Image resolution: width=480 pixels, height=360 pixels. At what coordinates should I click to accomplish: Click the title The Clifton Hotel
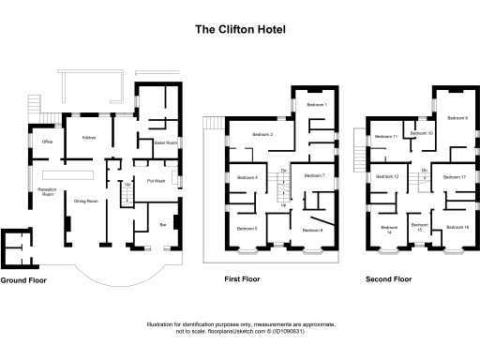click(239, 29)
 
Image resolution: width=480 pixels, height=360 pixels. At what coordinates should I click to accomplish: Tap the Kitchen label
click(89, 138)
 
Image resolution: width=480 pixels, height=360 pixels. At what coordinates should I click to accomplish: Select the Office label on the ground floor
click(47, 142)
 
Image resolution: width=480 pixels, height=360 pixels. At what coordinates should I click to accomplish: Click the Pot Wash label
click(156, 180)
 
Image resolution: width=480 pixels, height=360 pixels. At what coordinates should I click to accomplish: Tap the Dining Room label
click(86, 202)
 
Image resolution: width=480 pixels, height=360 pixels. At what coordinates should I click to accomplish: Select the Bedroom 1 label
click(317, 105)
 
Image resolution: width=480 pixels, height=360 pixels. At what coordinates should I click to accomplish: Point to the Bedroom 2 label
click(262, 136)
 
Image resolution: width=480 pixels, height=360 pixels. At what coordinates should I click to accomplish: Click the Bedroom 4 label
click(247, 178)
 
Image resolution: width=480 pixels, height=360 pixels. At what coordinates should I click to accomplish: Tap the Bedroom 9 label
click(457, 118)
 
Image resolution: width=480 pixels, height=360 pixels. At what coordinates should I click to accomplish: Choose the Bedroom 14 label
click(389, 230)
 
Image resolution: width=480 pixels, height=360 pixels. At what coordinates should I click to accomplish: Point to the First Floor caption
click(241, 279)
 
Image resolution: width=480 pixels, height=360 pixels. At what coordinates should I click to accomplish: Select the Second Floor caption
click(389, 279)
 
